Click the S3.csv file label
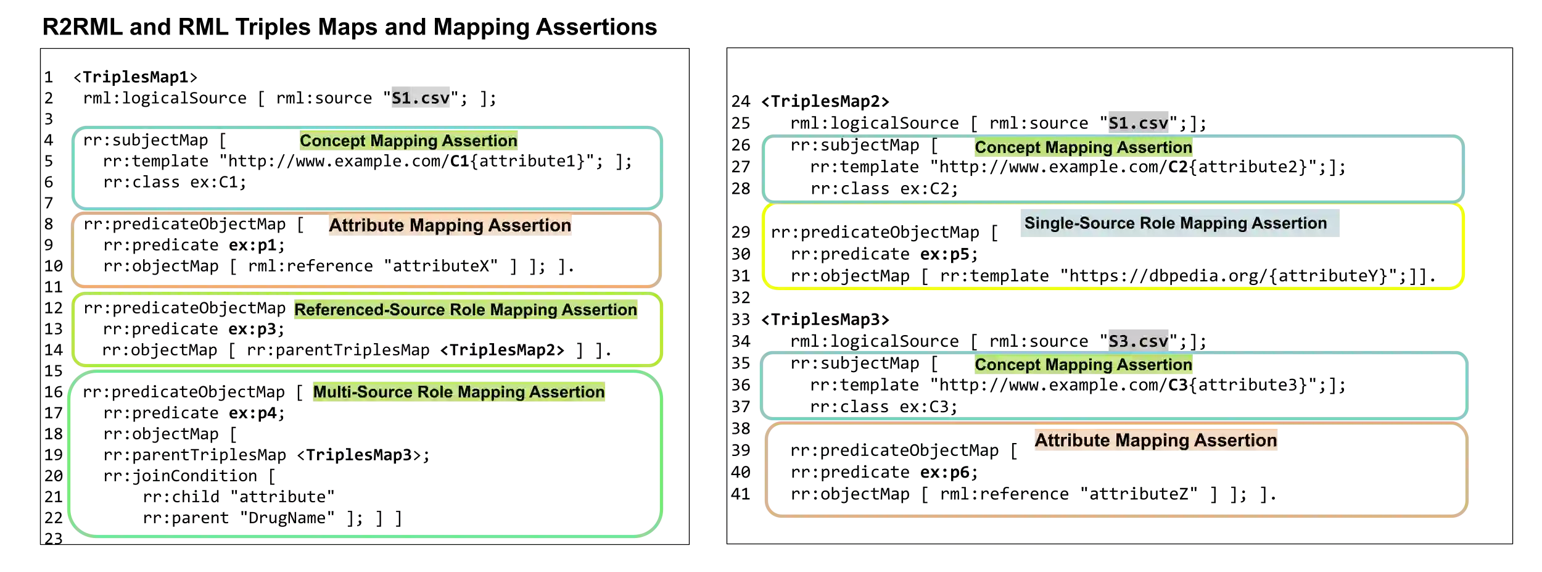[1137, 341]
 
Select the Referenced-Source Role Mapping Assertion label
[466, 310]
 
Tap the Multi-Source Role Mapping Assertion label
[458, 392]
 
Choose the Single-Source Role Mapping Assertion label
[1176, 223]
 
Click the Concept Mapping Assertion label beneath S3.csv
[1083, 365]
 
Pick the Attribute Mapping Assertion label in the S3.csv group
[1155, 441]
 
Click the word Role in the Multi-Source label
[435, 392]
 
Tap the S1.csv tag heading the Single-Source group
[1137, 123]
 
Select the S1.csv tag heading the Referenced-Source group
[421, 97]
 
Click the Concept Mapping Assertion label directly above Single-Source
[1083, 147]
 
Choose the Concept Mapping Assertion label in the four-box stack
[408, 141]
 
